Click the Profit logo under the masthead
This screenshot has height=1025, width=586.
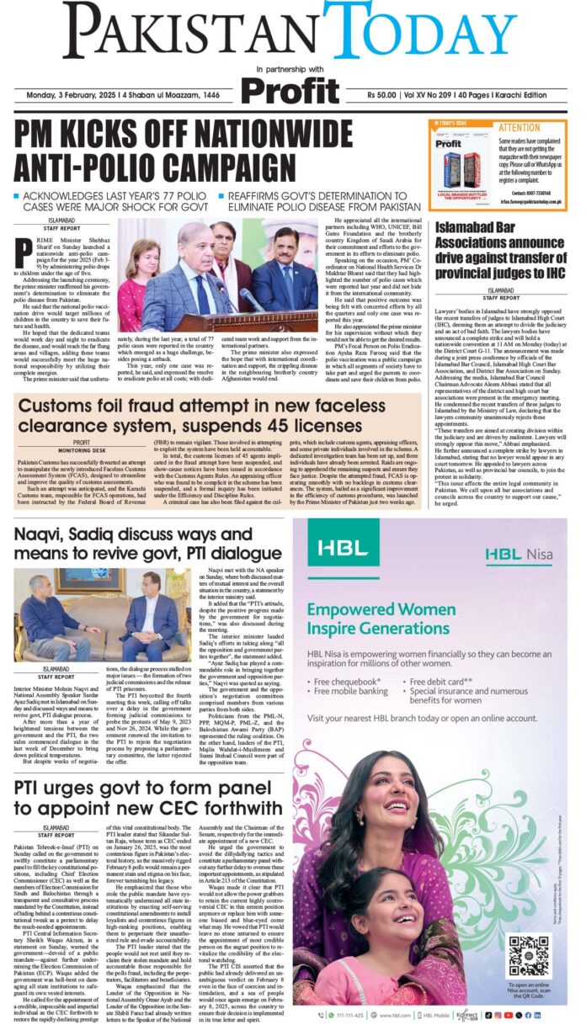pos(289,89)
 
